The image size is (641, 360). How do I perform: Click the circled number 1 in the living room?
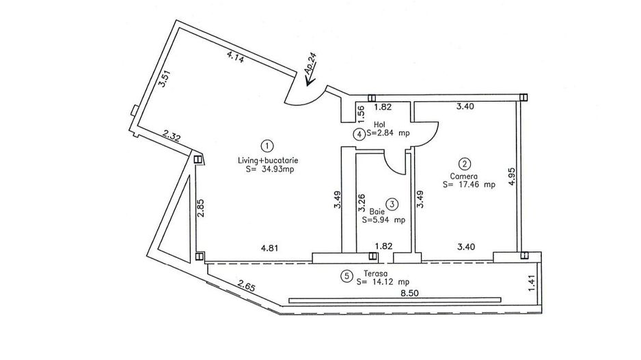(267, 146)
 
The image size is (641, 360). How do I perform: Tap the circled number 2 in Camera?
(465, 164)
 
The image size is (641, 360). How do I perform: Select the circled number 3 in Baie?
(392, 204)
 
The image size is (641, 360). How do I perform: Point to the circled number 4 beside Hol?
(359, 134)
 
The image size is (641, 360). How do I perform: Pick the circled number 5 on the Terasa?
(346, 277)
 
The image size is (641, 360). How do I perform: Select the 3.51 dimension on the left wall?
(163, 79)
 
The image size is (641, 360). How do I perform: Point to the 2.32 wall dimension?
(172, 135)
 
